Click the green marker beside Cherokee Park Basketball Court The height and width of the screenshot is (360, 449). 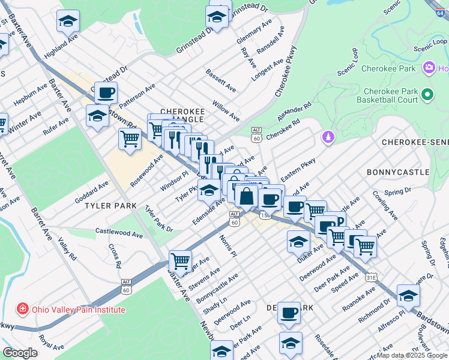427,95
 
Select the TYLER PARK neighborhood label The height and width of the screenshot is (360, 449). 106,205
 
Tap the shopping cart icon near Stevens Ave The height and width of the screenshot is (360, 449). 180,261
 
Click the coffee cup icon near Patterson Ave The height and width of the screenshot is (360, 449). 106,93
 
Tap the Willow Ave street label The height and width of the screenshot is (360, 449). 224,107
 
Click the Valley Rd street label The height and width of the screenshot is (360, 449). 68,248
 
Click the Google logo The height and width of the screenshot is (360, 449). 20,353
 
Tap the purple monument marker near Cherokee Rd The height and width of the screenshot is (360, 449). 328,138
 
